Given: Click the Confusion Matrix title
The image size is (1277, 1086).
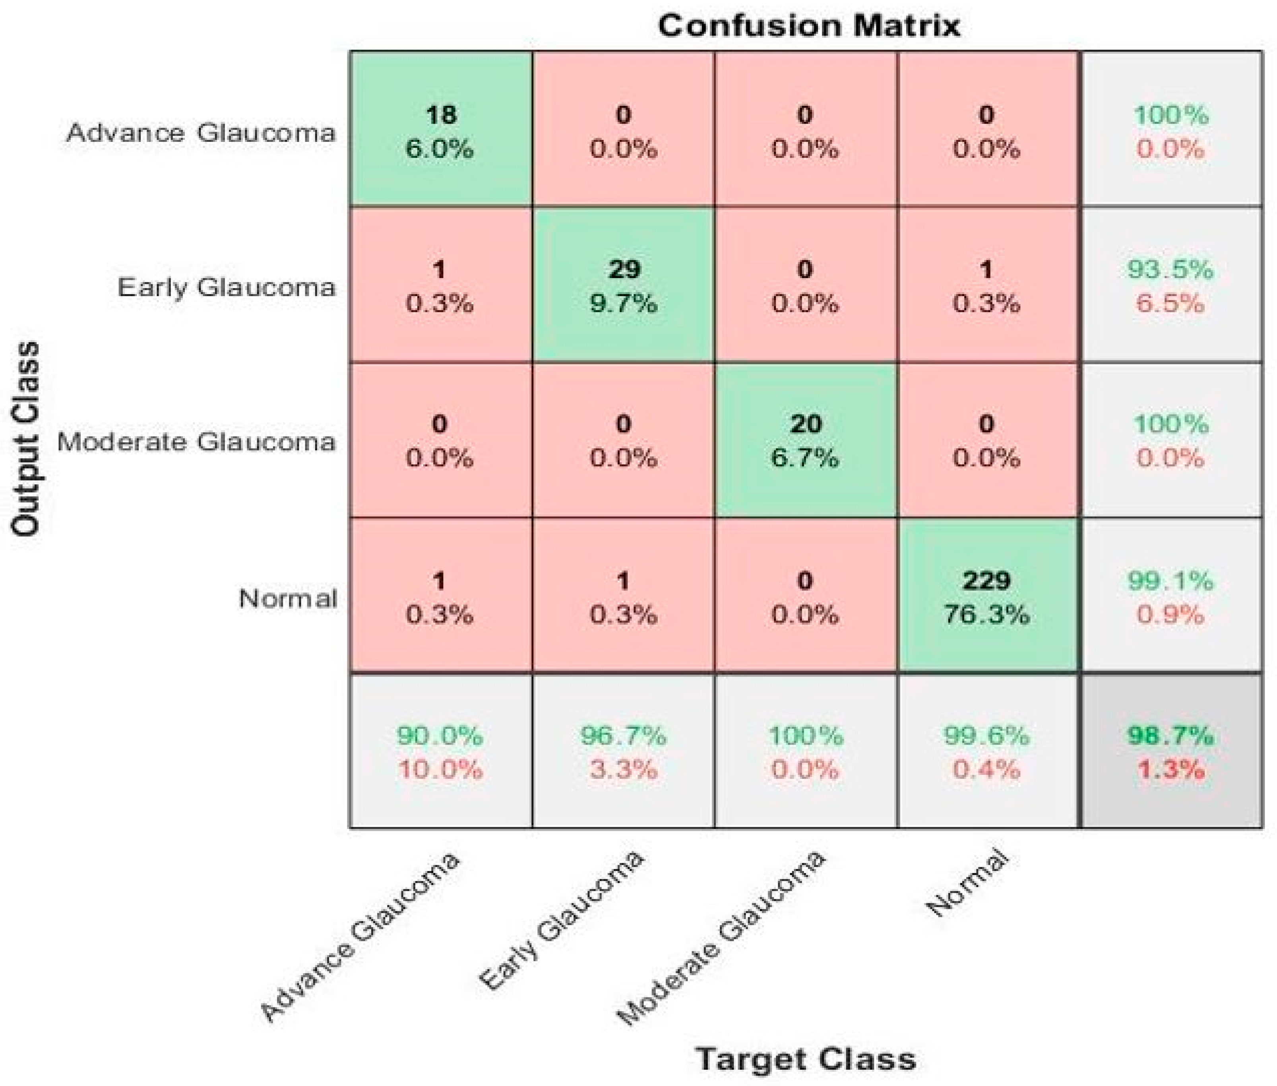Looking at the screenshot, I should click(x=808, y=26).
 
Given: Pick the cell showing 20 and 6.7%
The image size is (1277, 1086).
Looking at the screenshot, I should click(x=805, y=440).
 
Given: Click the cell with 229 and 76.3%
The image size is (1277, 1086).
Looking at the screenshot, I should click(x=986, y=596).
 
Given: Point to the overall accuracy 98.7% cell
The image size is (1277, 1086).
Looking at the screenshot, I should click(x=1170, y=751).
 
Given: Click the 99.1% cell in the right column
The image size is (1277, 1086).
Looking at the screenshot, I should click(x=1170, y=596).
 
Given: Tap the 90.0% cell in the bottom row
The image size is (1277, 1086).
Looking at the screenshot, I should click(x=440, y=751).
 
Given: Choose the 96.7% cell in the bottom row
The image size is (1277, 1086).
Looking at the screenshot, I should click(x=623, y=751).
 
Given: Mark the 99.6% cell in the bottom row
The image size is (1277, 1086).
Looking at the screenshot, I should click(x=986, y=751).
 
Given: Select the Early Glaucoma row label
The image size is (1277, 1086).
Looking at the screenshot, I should click(x=227, y=287).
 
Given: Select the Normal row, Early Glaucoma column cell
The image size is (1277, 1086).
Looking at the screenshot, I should click(x=623, y=596).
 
